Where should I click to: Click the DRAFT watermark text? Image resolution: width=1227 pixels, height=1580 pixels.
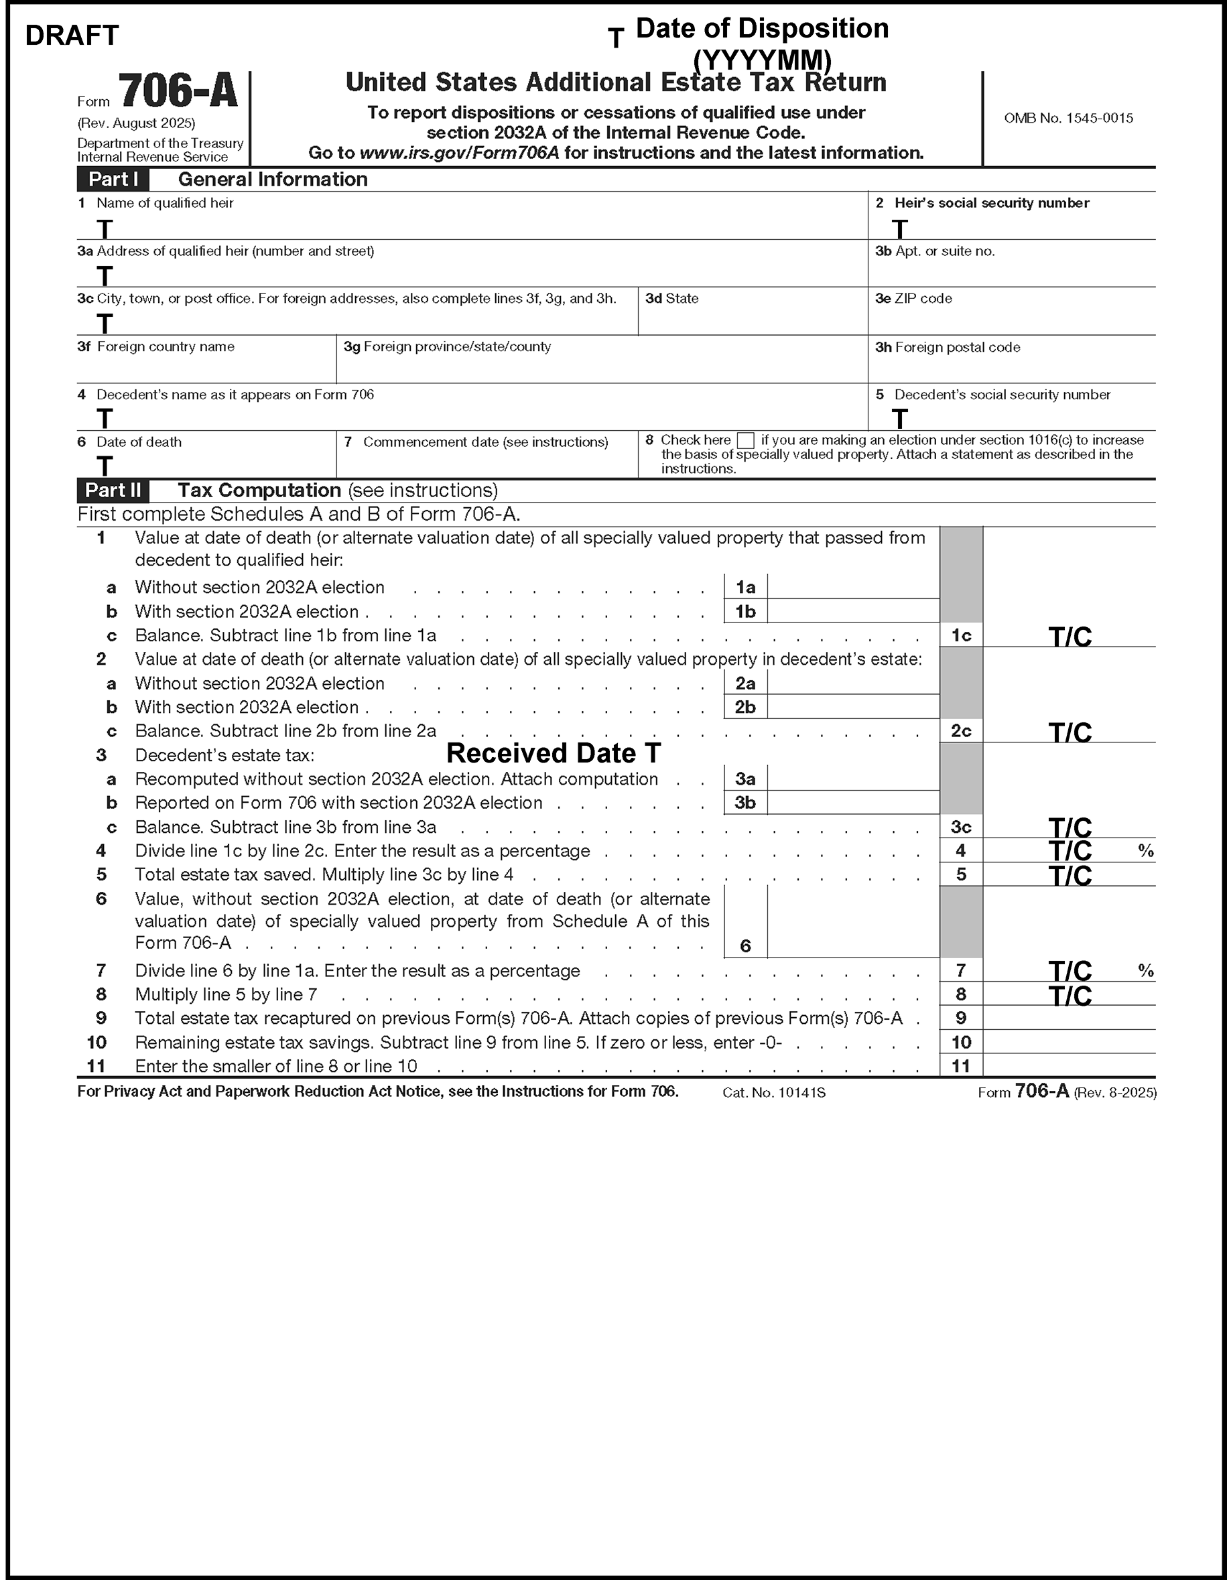point(72,36)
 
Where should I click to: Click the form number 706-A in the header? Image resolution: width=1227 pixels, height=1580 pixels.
point(178,92)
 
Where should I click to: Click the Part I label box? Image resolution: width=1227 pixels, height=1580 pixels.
point(113,180)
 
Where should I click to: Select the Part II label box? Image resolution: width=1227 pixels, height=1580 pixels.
point(113,490)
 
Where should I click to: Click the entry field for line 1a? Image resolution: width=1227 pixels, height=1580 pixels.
point(853,587)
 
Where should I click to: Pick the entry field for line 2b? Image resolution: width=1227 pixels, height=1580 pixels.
point(853,707)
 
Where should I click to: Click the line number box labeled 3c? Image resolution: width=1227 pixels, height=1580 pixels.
point(961,827)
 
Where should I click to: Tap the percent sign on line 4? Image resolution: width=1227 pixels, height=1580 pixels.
point(1145,851)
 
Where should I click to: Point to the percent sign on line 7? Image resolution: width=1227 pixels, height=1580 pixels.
point(1145,971)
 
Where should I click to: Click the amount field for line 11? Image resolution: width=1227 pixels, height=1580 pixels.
point(1069,1065)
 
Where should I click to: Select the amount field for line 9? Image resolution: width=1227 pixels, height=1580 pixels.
point(1069,1018)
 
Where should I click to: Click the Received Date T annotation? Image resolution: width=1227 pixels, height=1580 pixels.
point(554,753)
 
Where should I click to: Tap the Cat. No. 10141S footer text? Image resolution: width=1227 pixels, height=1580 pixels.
point(773,1092)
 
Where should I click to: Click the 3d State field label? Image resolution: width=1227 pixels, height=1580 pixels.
point(671,299)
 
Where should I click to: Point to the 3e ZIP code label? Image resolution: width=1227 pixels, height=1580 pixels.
point(913,299)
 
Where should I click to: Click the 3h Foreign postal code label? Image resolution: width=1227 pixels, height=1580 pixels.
point(947,347)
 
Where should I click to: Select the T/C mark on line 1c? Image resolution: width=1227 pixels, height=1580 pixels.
point(1070,637)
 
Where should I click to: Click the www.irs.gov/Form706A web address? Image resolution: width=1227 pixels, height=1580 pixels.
point(458,153)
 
